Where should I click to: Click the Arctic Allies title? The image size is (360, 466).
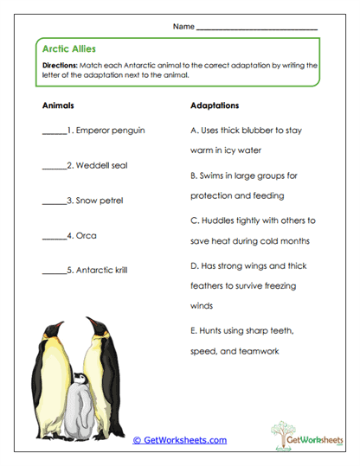coord(67,49)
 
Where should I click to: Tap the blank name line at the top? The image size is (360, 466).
coord(257,29)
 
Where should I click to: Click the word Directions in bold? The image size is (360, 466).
coord(59,65)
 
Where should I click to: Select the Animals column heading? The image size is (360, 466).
coord(58,105)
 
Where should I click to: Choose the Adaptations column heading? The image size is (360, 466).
coord(215,105)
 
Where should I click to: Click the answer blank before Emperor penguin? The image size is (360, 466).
coord(54,132)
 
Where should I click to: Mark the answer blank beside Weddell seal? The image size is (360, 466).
coord(54,167)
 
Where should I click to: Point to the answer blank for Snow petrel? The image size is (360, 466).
coord(54,201)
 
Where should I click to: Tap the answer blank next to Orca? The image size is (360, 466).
coord(54,236)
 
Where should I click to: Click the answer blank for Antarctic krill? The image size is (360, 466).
coord(54,271)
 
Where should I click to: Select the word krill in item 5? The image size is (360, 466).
coord(119,270)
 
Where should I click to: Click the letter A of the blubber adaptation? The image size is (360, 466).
coord(192,131)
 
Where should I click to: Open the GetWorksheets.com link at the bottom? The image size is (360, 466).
coord(180,439)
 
